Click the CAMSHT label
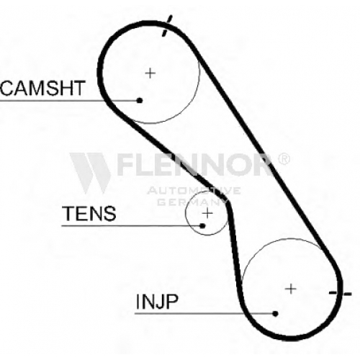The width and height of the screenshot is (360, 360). (x=42, y=88)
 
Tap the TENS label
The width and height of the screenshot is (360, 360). (x=89, y=213)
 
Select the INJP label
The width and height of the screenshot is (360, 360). (x=157, y=301)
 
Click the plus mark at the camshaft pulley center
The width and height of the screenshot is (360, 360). (x=150, y=73)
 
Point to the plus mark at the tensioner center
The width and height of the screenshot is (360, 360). (x=207, y=213)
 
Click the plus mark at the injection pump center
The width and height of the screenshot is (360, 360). (x=291, y=289)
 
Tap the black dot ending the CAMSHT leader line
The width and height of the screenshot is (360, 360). (x=140, y=100)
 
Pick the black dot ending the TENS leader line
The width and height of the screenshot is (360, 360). (x=203, y=225)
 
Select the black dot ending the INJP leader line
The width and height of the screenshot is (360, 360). (x=276, y=313)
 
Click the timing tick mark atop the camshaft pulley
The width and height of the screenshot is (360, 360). (x=167, y=26)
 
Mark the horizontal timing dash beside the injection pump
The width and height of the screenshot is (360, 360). (x=341, y=293)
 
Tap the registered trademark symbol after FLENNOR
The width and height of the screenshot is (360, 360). (x=284, y=158)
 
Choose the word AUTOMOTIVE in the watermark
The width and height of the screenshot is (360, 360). (x=194, y=191)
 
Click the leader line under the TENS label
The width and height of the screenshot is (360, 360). (x=132, y=226)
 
